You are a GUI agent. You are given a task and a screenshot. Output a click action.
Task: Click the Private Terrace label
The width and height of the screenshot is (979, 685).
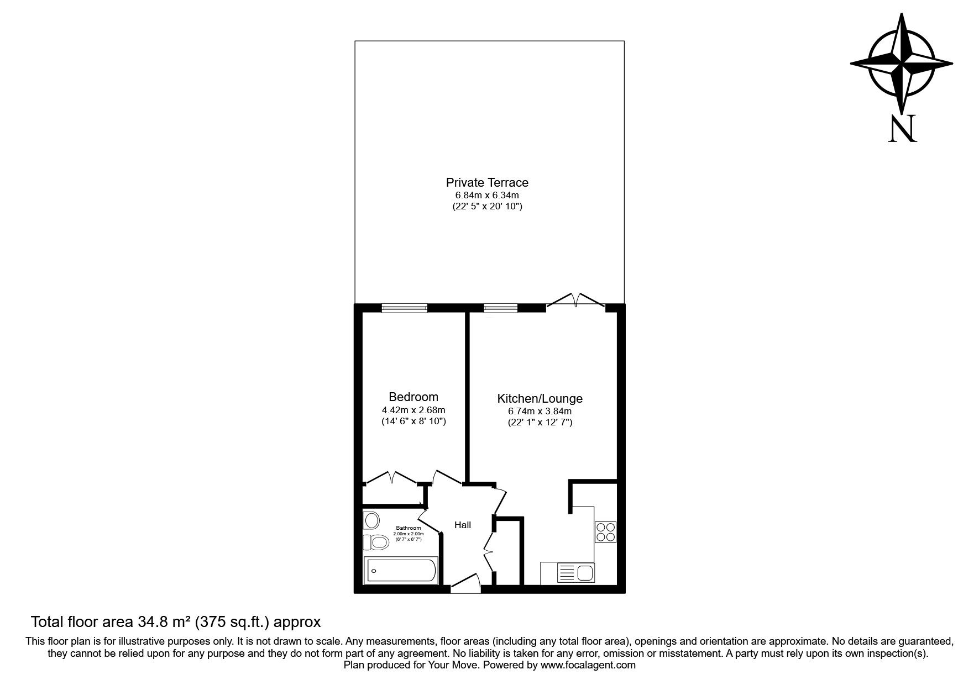487,182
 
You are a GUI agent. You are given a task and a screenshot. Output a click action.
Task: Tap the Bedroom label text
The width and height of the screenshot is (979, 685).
413,397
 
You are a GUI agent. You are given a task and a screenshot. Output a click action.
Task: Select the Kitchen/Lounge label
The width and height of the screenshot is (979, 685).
540,398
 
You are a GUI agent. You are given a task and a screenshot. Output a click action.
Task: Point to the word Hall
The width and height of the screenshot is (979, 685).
463,525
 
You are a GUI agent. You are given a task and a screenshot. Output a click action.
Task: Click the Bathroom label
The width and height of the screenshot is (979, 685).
408,528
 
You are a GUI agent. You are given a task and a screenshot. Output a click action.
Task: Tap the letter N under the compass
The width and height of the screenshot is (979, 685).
902,128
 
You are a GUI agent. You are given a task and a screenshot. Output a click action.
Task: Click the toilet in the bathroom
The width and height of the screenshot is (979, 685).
376,542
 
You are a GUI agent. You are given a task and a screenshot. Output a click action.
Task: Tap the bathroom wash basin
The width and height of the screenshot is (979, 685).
371,520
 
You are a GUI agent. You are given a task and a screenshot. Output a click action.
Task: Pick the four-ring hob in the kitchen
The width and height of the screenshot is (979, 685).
605,532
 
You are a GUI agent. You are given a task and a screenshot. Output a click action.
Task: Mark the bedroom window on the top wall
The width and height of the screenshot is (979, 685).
404,308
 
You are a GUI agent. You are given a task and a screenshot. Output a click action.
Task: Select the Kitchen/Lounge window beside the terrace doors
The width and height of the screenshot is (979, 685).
501,308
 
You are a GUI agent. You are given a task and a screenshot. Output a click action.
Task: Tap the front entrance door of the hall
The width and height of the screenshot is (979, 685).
465,584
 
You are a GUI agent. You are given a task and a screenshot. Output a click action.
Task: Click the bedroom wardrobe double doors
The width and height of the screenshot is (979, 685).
391,477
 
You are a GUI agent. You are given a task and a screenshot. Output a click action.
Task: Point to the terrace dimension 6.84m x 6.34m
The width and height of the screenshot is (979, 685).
487,195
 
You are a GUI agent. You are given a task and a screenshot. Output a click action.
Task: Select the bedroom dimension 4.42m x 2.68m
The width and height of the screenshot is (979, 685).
413,410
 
